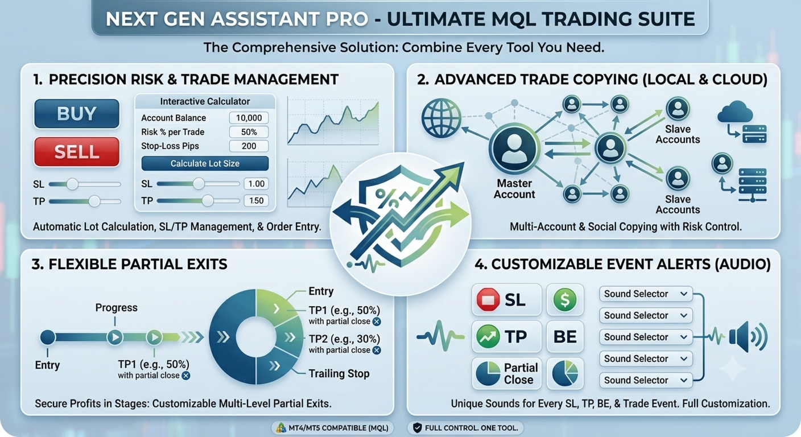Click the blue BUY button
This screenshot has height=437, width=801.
(x=77, y=114)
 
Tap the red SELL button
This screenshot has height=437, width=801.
(x=77, y=152)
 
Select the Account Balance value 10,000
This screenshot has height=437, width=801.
(x=249, y=118)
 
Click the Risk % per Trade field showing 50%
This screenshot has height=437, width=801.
(x=249, y=132)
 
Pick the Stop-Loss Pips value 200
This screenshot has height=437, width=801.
(x=249, y=146)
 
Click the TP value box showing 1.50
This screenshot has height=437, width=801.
(x=257, y=201)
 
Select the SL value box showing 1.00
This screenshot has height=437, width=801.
(x=257, y=184)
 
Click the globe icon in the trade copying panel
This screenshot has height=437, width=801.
(x=441, y=118)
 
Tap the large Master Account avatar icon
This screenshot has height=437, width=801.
(x=514, y=149)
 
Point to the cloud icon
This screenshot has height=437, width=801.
(x=735, y=112)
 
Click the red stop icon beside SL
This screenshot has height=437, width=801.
(x=488, y=300)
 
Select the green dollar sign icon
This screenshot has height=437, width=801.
(x=565, y=300)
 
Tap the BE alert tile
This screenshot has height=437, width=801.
(x=565, y=337)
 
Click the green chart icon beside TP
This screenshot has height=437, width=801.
(x=488, y=337)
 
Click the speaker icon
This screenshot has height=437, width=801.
(x=748, y=337)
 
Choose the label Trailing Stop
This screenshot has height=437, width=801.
(x=339, y=374)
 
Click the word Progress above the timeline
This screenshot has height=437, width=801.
(x=116, y=308)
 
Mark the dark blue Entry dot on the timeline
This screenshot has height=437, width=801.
(x=48, y=337)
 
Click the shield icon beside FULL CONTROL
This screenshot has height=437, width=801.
(x=418, y=428)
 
